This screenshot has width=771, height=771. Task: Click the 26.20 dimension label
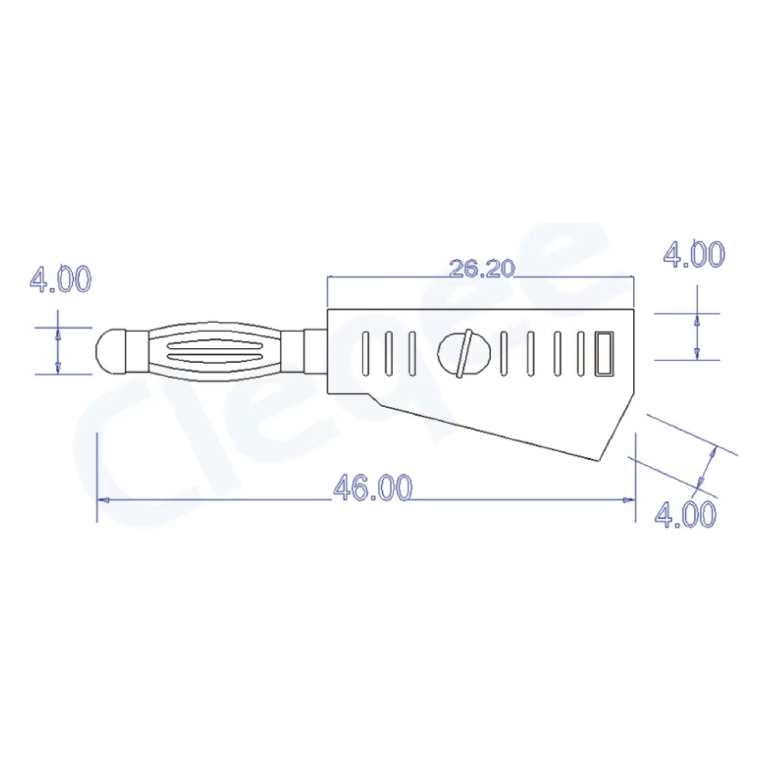481,268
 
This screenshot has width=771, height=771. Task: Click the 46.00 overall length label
372,487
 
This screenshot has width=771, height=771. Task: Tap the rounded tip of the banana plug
111,351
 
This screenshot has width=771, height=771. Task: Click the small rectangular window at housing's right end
604,354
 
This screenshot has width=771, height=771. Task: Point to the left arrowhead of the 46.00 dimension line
103,499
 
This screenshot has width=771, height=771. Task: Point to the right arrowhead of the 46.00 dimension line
628,499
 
